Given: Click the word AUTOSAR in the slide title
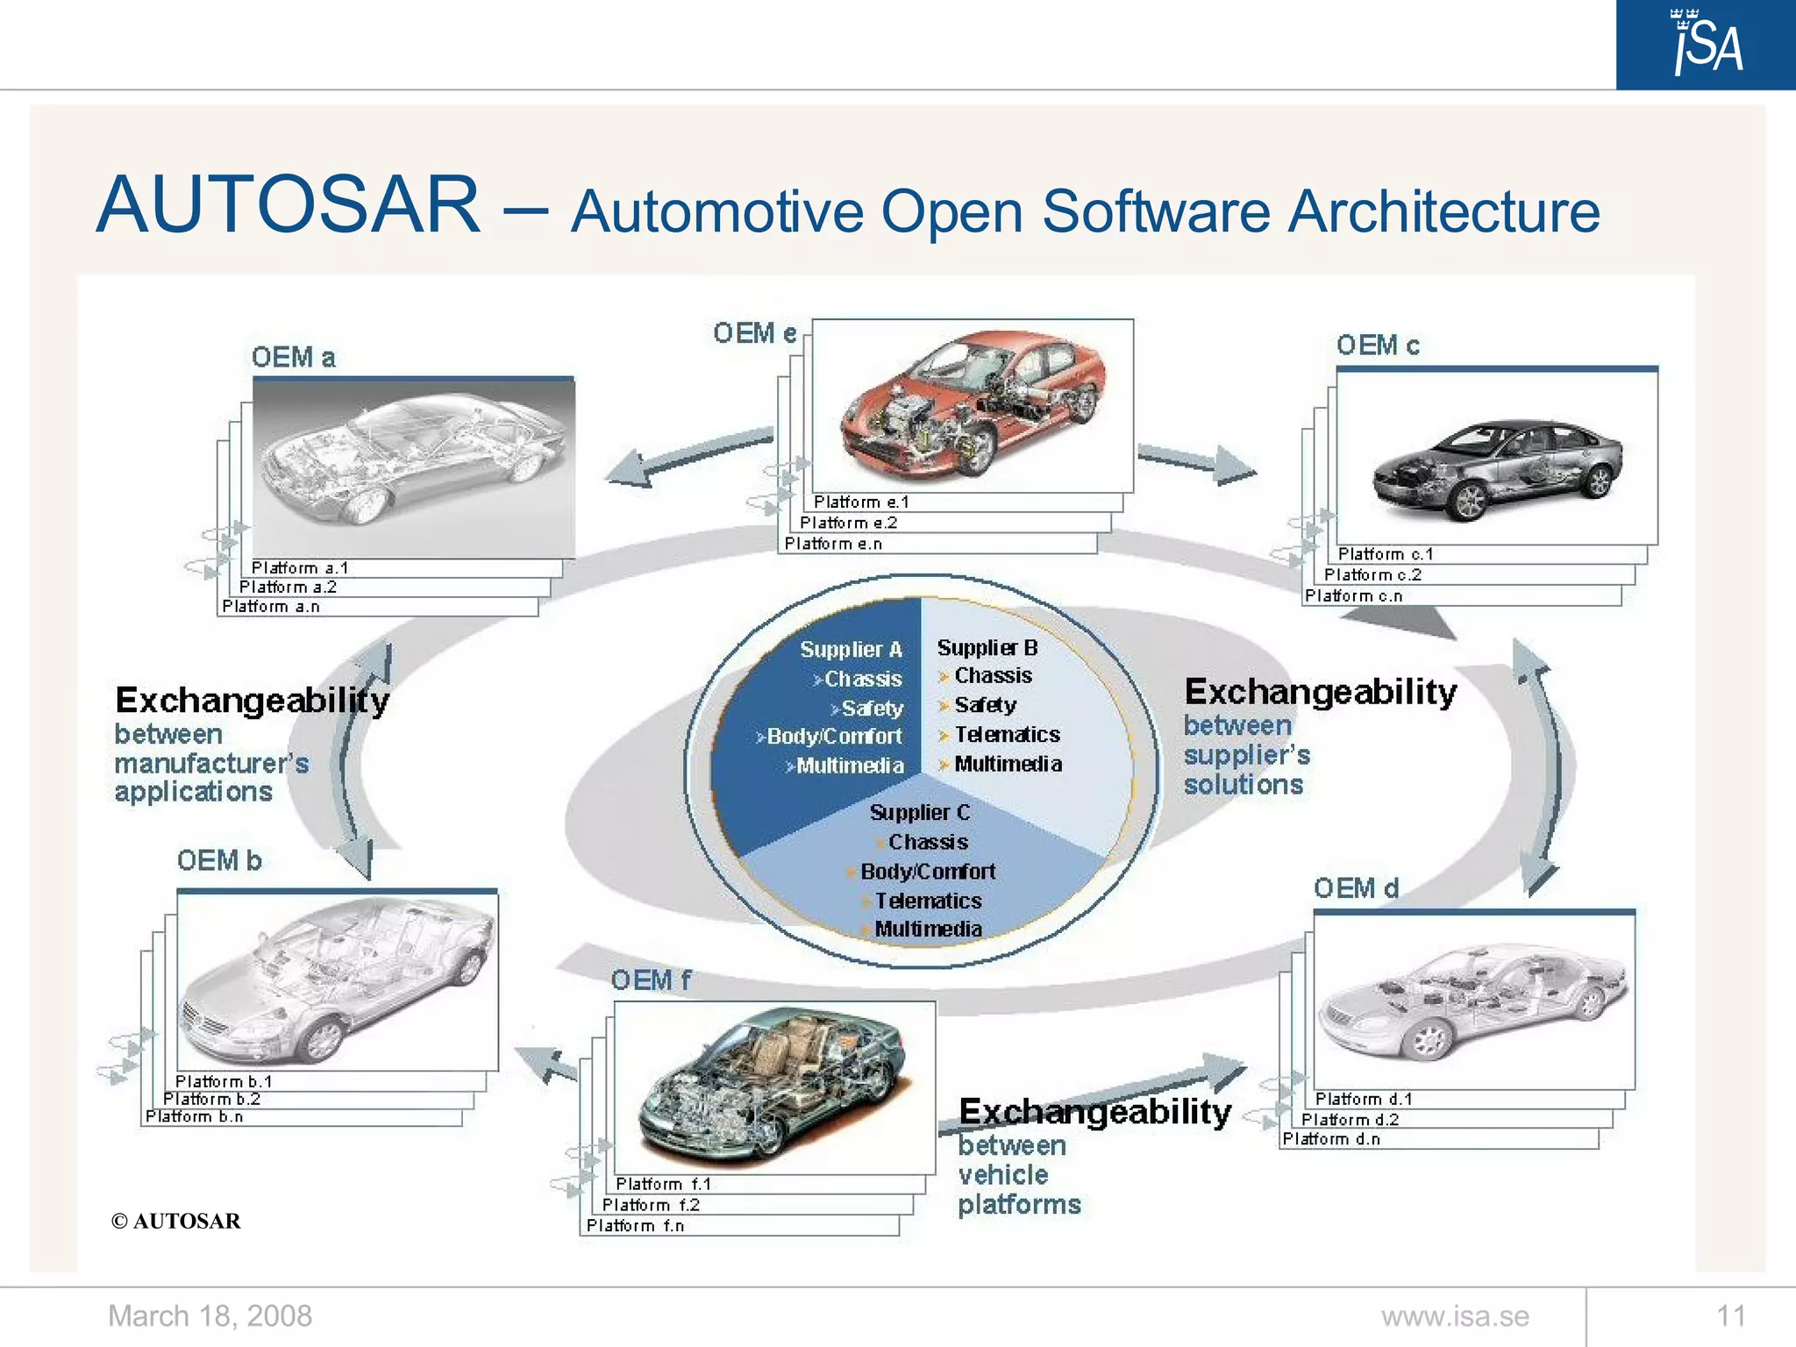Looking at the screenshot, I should (x=289, y=205).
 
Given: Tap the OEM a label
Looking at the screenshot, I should (x=293, y=357).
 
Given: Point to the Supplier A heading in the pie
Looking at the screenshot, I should (x=850, y=649).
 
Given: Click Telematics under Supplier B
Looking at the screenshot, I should (x=1006, y=734).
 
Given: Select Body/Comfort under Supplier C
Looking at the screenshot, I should (x=927, y=871).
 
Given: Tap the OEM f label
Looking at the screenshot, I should (x=650, y=980).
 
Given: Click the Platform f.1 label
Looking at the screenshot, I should (x=663, y=1184).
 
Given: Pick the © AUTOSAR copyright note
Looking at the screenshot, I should (x=175, y=1221).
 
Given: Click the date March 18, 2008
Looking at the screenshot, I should (x=210, y=1315).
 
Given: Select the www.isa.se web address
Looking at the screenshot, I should (x=1455, y=1315).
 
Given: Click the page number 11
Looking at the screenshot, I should (x=1730, y=1315).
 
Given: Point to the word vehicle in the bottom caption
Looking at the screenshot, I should (x=1002, y=1174).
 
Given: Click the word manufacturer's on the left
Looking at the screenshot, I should (x=211, y=763).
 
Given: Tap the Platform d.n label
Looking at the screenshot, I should (x=1330, y=1138).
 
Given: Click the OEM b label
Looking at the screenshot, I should (x=219, y=860).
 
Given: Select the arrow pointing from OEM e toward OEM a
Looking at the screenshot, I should (x=684, y=456).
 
